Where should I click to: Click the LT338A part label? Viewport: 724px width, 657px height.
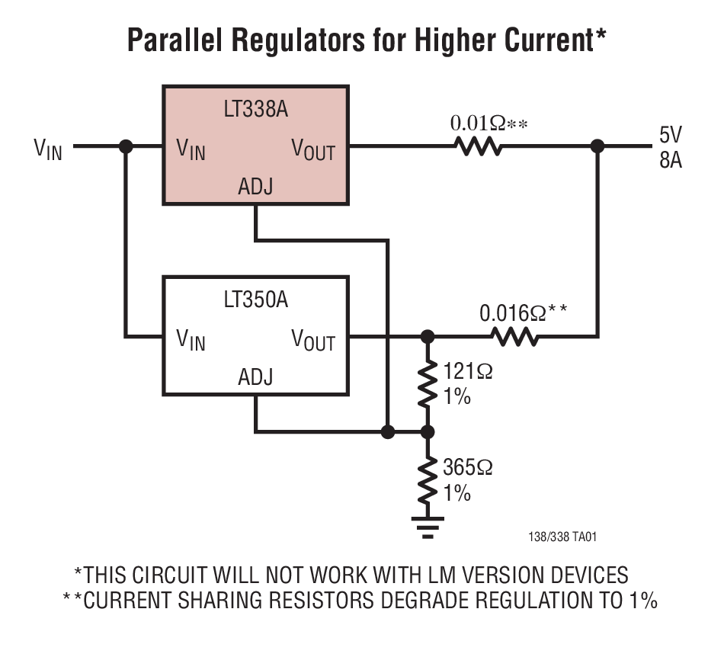[x=255, y=108]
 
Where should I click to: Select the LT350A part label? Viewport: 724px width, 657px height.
[x=255, y=300]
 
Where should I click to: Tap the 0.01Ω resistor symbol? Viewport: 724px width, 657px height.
[x=478, y=146]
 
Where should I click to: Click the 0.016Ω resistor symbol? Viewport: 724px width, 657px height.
[x=514, y=336]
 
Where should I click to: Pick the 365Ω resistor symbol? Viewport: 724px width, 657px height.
[x=428, y=479]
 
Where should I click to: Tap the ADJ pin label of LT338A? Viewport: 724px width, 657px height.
[x=255, y=186]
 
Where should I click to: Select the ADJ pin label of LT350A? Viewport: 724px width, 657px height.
[x=255, y=377]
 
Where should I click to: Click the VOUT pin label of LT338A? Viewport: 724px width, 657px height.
[x=313, y=149]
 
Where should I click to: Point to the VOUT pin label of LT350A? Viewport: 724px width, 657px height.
[x=313, y=340]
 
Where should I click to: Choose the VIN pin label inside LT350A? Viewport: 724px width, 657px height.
[x=191, y=340]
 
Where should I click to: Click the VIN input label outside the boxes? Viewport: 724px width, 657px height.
[x=48, y=149]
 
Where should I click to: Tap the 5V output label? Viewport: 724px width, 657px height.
[x=671, y=136]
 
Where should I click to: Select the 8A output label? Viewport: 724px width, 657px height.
[x=671, y=162]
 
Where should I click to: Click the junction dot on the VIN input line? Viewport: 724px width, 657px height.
[x=127, y=146]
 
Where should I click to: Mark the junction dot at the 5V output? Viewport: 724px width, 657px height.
[x=598, y=146]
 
